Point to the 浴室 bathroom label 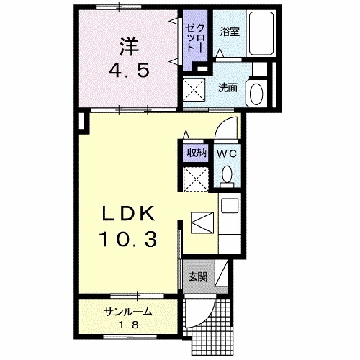tap(229, 31)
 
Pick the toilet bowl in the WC tap(228, 174)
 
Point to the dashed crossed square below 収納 tap(194, 176)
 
